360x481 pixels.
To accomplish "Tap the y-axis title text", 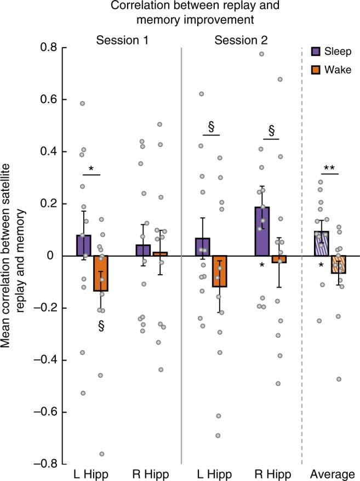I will (x=12, y=256).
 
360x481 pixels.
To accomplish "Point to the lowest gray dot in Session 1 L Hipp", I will (x=102, y=454).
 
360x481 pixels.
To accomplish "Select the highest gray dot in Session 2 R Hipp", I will (x=262, y=54).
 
